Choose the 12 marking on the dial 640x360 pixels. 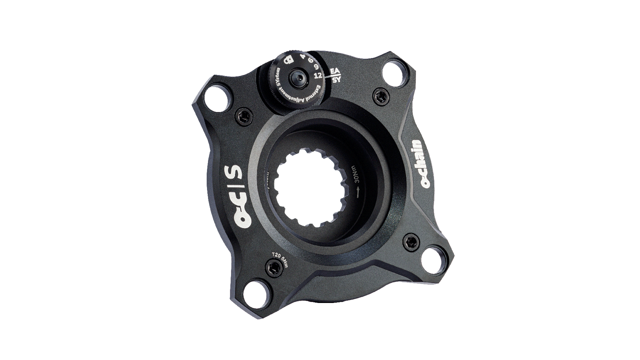318,76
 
